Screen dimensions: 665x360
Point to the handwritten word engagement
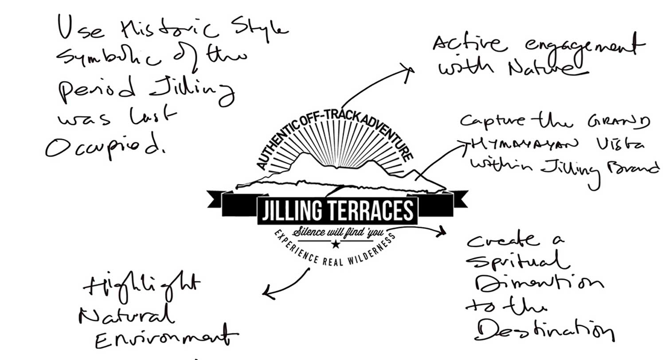[x=581, y=45]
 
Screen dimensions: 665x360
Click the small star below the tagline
[x=336, y=243]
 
